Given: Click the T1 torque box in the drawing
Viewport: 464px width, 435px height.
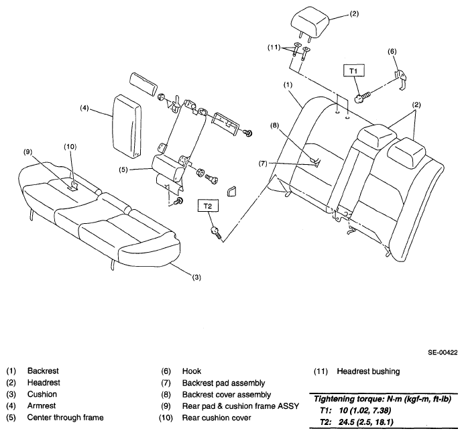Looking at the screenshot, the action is (x=353, y=70).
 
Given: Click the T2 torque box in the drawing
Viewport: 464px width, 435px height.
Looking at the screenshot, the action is (x=208, y=206).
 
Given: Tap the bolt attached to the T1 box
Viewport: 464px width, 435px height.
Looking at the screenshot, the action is (x=362, y=98).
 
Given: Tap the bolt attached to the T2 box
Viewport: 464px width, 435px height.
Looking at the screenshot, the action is (x=216, y=233).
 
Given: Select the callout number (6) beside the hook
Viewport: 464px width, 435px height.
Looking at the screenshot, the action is (x=392, y=52).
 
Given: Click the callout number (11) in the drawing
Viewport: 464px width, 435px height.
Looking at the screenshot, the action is (x=274, y=48).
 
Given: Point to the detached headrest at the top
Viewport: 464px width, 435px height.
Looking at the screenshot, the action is (x=310, y=23).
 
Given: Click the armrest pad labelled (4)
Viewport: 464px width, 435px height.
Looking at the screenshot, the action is (x=127, y=127).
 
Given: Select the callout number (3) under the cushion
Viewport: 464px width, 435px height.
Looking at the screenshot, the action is (x=196, y=277).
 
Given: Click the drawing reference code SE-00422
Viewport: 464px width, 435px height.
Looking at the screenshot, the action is (x=443, y=353).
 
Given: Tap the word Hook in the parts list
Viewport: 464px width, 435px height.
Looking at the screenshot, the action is (x=192, y=371).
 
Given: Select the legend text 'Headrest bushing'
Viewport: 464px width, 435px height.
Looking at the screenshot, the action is (x=368, y=371).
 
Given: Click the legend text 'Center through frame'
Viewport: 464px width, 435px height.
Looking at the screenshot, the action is (x=66, y=418).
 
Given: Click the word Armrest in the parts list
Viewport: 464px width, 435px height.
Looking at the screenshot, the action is (x=42, y=406).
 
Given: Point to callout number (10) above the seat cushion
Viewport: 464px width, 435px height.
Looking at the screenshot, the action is (x=70, y=147).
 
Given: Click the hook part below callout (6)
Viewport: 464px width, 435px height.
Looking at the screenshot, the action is (x=401, y=79).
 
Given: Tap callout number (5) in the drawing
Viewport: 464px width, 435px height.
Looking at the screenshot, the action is (x=123, y=170).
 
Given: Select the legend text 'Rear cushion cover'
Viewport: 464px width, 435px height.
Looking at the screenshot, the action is (x=217, y=418).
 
